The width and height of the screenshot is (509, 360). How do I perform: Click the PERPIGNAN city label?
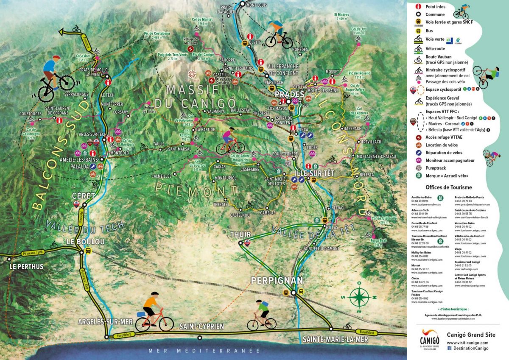pyautogui.click(x=277, y=281)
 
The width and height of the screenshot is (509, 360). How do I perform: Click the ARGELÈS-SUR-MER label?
pyautogui.click(x=106, y=322)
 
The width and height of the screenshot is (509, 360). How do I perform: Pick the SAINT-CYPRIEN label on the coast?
pyautogui.click(x=201, y=327)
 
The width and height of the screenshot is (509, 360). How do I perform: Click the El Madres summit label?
pyautogui.click(x=342, y=17)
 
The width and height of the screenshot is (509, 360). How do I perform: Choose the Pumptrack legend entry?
pyautogui.click(x=435, y=168)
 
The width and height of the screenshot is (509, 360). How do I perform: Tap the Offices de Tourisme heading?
pyautogui.click(x=448, y=187)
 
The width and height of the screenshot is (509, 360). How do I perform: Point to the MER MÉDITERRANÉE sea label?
pyautogui.click(x=204, y=351)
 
